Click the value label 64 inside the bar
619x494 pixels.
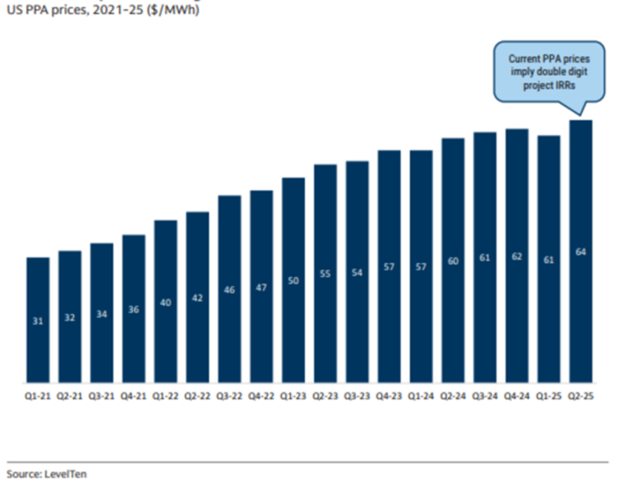[581, 252]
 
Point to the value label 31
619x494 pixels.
[38, 321]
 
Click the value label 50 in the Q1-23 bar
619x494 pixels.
[293, 281]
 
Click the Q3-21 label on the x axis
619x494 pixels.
[102, 397]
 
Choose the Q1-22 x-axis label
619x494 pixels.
[165, 397]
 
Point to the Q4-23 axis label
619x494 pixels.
[389, 397]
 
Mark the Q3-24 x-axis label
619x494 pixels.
[485, 397]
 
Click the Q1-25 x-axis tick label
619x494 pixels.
[548, 397]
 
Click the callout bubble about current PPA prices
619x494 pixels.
[548, 72]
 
